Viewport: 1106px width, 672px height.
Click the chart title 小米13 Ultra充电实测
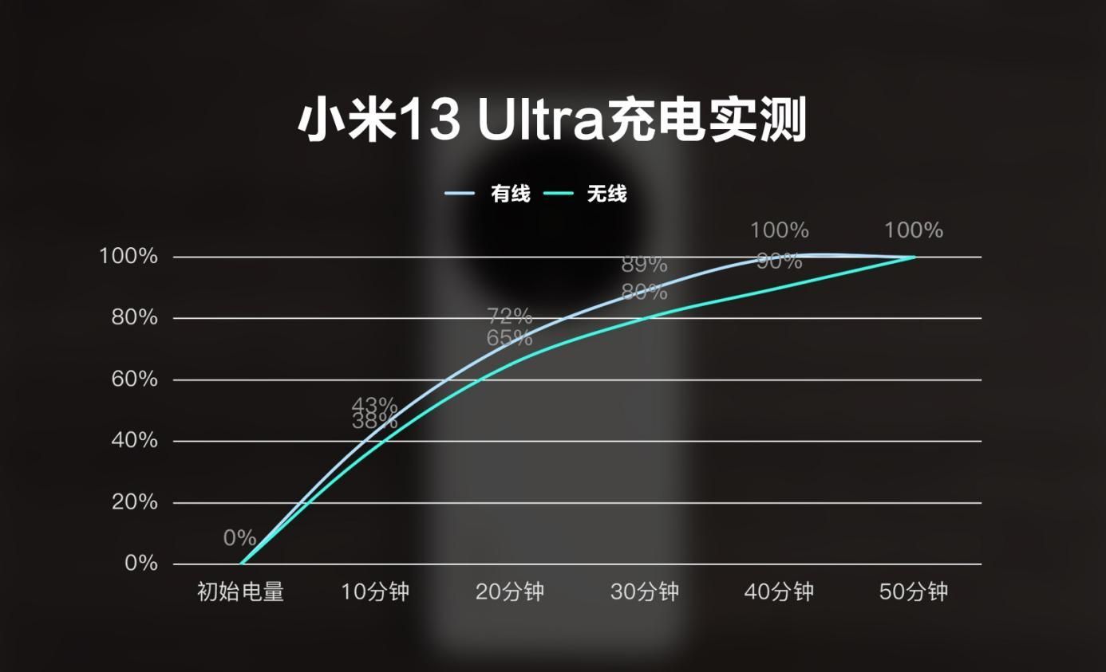(552, 121)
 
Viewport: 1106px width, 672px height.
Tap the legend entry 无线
(606, 194)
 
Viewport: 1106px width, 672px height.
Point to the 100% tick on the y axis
(128, 257)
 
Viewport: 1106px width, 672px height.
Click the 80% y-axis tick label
(133, 318)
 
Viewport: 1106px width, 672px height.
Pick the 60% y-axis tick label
(133, 379)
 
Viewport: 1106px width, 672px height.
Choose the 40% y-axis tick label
(133, 441)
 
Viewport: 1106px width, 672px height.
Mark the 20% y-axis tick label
(133, 503)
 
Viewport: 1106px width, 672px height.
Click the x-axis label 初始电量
(240, 592)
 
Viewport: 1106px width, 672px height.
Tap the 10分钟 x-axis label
(375, 592)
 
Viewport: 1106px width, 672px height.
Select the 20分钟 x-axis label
(510, 592)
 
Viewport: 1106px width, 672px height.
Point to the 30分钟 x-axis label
(645, 592)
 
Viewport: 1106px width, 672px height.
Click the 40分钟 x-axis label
(779, 592)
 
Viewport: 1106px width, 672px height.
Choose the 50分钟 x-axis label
(914, 592)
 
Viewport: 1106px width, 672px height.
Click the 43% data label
(374, 405)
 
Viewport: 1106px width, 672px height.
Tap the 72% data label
(510, 316)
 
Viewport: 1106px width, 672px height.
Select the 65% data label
(510, 338)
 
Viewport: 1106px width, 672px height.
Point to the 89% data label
(644, 264)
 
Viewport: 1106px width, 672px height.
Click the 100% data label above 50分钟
(914, 230)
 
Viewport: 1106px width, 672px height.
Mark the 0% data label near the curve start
(239, 538)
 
